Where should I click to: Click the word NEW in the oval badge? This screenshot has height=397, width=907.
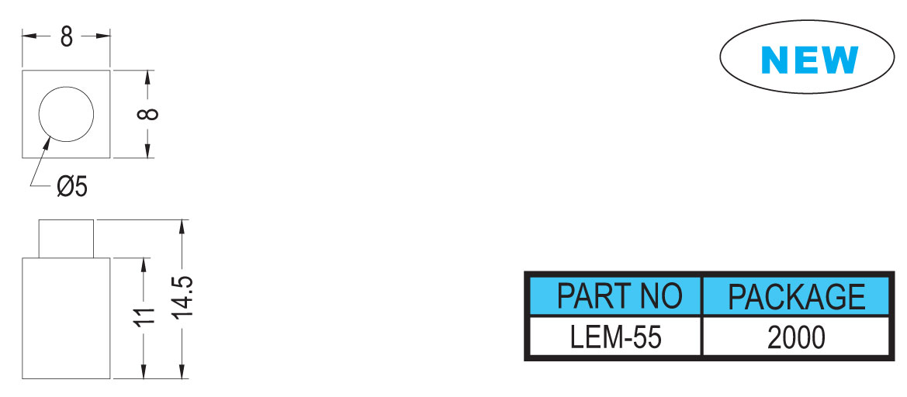809,60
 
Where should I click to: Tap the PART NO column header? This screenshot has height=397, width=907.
619,296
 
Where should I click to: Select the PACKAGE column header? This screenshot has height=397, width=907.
796,296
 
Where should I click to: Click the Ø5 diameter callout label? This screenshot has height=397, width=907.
72,187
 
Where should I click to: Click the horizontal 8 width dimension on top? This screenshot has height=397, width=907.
67,36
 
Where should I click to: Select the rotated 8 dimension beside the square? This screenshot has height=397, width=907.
147,114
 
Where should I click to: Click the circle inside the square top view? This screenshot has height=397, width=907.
66,87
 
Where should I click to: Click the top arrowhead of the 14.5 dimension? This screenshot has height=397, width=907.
183,226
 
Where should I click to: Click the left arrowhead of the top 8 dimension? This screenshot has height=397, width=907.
29,36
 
